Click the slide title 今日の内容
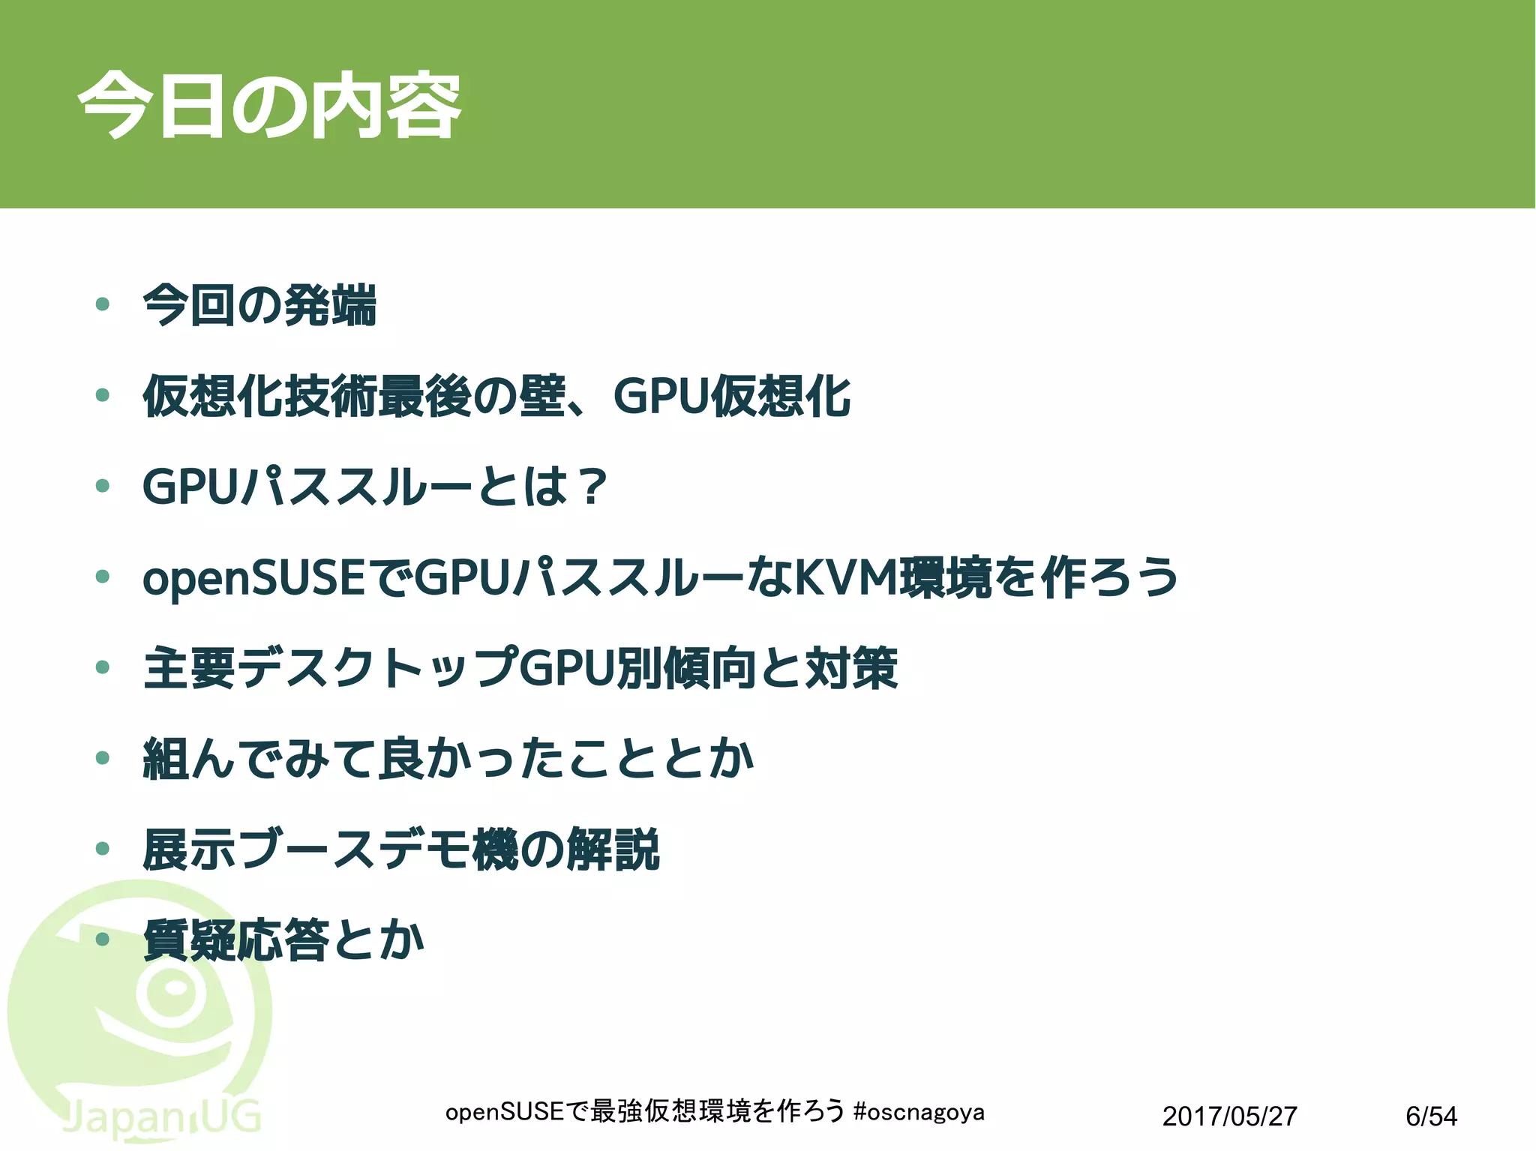point(270,106)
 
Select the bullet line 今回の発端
point(259,305)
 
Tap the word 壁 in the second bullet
point(543,396)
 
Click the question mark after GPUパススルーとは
point(593,487)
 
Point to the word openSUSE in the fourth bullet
point(253,578)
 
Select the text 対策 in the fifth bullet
point(851,668)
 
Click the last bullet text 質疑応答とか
point(283,940)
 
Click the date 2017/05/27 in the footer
point(1229,1117)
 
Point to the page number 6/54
point(1431,1117)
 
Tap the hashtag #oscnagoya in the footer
point(919,1112)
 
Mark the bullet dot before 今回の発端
point(103,304)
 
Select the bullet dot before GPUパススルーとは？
point(103,486)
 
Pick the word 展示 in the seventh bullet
point(190,850)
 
